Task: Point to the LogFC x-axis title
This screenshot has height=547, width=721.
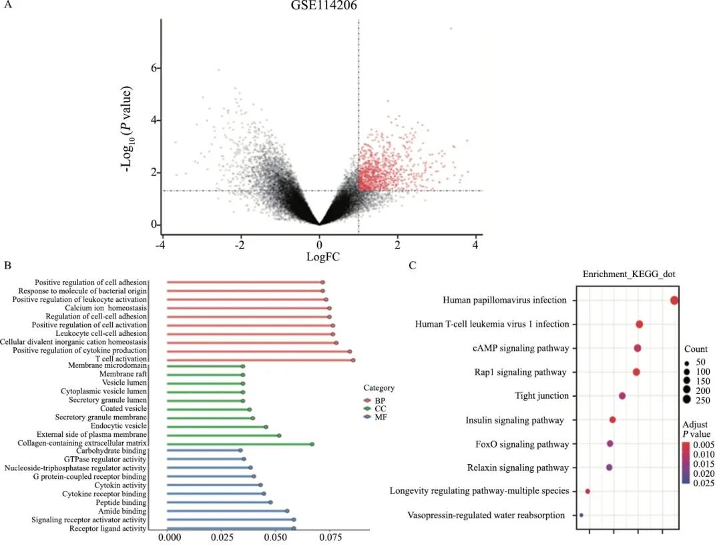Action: click(320, 256)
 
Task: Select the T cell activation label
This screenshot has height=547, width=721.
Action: click(121, 359)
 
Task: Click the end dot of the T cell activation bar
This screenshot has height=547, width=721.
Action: click(353, 360)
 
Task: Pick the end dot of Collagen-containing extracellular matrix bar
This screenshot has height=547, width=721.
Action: click(312, 443)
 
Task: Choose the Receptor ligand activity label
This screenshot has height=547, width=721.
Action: click(107, 528)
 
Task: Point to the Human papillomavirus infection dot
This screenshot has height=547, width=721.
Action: click(674, 301)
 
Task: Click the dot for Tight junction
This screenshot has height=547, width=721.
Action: click(622, 396)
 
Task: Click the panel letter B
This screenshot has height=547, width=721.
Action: click(6, 266)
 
